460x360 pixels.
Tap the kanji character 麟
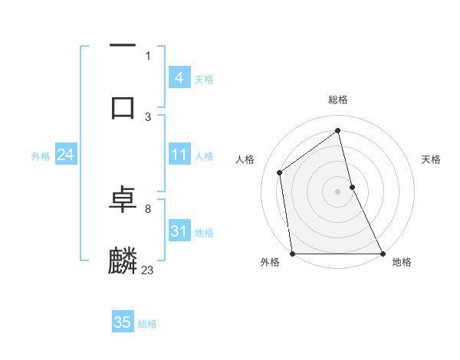[123, 261]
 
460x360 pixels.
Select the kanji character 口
[123, 106]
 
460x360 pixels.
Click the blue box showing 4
[179, 77]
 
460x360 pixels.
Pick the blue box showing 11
[179, 155]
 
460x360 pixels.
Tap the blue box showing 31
[179, 231]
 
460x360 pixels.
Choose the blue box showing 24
[65, 155]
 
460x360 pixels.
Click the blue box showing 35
[123, 322]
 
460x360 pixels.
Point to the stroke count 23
[147, 270]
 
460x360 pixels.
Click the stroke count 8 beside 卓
[147, 208]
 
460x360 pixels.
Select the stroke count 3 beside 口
[147, 116]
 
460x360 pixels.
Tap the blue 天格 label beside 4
[204, 79]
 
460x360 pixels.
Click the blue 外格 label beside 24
[41, 156]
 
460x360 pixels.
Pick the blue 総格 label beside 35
[147, 324]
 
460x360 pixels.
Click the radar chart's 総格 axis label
[338, 100]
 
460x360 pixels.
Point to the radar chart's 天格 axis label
[432, 159]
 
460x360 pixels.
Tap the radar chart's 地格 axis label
[402, 263]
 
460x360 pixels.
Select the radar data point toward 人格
[280, 172]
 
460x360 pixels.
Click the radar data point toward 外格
[292, 254]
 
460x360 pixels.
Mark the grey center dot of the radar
[338, 191]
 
